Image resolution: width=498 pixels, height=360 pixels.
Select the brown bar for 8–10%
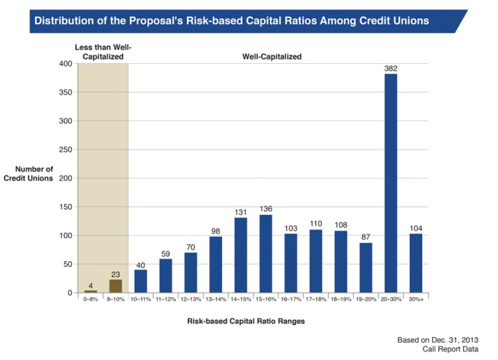click(116, 286)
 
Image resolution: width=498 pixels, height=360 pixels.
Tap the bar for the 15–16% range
click(266, 254)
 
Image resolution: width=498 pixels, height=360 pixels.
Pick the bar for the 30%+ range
click(416, 263)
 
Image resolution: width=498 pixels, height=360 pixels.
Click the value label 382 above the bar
click(390, 68)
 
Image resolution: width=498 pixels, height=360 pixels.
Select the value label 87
click(365, 237)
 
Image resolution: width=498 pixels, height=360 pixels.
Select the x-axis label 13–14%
click(216, 298)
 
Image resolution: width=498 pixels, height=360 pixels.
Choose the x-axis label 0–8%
click(91, 298)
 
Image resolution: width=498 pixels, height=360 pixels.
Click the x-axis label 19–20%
click(365, 298)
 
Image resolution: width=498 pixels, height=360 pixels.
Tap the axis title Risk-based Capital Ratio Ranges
click(246, 321)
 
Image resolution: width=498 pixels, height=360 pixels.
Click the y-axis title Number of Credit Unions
click(33, 174)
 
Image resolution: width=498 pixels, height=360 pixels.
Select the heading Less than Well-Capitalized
click(102, 51)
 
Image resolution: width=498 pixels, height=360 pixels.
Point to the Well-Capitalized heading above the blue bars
click(272, 57)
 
